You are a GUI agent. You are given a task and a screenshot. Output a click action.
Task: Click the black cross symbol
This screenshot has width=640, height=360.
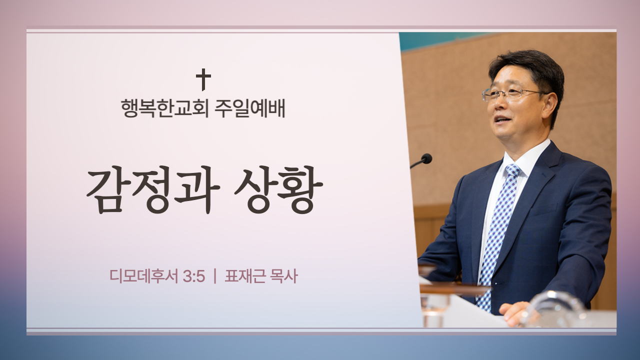click(203, 79)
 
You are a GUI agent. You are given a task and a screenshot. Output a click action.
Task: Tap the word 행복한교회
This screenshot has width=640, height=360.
click(164, 108)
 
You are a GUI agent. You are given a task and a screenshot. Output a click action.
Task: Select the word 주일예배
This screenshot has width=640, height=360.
click(249, 108)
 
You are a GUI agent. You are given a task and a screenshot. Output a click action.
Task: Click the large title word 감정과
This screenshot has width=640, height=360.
click(153, 189)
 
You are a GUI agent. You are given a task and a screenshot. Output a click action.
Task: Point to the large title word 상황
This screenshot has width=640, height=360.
click(278, 189)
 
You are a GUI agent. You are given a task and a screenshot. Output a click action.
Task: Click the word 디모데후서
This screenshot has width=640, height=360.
click(144, 276)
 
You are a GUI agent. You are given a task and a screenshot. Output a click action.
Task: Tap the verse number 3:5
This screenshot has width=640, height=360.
click(194, 276)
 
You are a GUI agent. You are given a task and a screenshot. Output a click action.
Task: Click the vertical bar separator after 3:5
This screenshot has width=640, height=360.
click(215, 276)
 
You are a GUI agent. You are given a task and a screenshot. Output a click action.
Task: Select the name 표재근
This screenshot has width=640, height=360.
click(245, 276)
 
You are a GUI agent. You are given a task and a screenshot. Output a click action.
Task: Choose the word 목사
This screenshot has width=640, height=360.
click(283, 276)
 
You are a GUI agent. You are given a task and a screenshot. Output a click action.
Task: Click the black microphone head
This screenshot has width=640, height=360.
click(426, 158)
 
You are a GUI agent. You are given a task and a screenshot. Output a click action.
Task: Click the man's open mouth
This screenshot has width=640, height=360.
click(503, 119)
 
